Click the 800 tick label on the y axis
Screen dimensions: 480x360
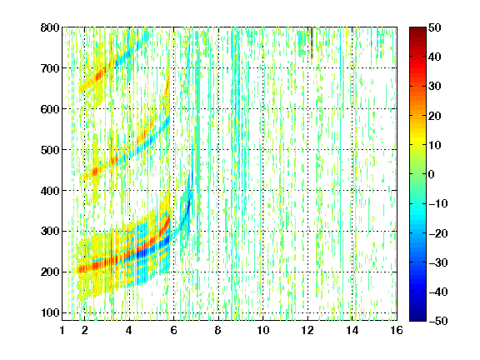click(50, 27)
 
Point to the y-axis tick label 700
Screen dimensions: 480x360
click(50, 68)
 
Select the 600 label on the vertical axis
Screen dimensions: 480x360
click(50, 109)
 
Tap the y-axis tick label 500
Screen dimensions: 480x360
click(50, 150)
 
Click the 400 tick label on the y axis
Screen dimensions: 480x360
click(50, 191)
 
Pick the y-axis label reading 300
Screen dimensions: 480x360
click(50, 232)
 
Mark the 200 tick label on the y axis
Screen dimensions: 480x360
click(50, 272)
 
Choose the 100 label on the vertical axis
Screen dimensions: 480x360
click(50, 312)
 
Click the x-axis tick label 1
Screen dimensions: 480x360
click(62, 330)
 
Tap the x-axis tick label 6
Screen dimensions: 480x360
click(174, 330)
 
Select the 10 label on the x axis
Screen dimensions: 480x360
click(263, 330)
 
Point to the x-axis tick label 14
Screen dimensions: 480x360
click(352, 330)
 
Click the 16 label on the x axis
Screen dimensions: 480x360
click(397, 330)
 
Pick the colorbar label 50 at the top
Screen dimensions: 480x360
click(435, 27)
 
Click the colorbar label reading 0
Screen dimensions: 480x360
click(432, 174)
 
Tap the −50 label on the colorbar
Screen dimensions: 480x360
click(438, 321)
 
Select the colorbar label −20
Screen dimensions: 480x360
click(438, 233)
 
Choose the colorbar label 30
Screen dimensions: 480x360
click(435, 87)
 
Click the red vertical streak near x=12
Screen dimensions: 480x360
click(312, 42)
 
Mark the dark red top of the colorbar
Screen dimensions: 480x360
click(417, 31)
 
